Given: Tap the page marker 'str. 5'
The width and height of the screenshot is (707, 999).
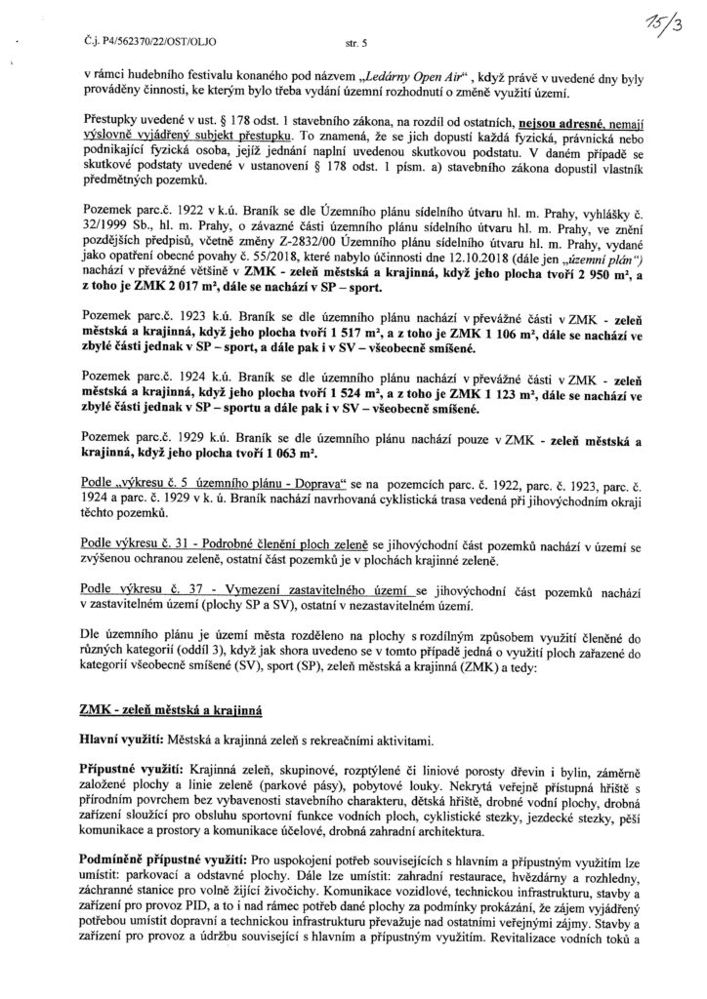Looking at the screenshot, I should coord(357,43).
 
